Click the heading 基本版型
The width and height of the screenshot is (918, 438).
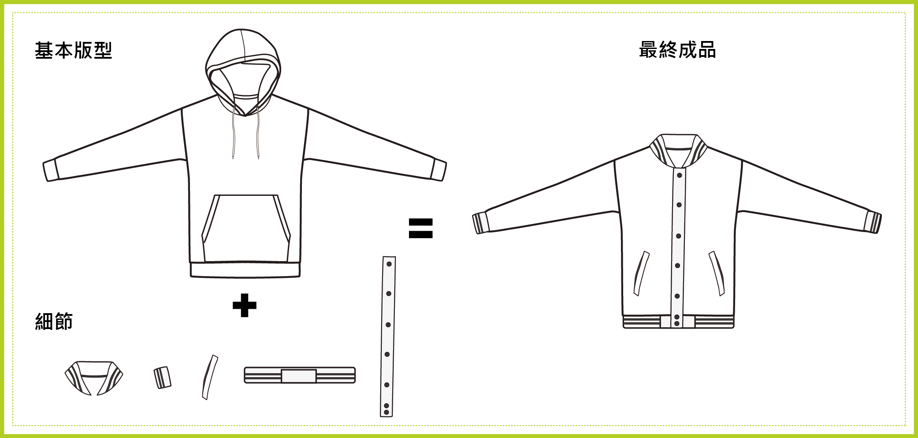tap(73, 50)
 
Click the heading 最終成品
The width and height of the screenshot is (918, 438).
tap(677, 50)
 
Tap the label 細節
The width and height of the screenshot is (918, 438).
tap(54, 321)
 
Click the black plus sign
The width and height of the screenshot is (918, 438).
tap(245, 305)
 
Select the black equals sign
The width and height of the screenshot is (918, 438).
tap(421, 228)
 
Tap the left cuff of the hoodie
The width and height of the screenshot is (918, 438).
tap(51, 170)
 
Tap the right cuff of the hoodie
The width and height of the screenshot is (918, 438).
tap(439, 169)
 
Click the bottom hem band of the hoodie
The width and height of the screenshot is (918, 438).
tap(245, 270)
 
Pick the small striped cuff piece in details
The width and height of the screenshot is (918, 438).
tap(163, 378)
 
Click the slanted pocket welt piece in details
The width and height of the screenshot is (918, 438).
tap(210, 378)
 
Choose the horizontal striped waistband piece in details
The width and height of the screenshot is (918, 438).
tap(300, 375)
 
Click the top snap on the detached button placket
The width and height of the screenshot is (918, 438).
tap(389, 264)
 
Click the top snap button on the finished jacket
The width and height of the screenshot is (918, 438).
tap(680, 176)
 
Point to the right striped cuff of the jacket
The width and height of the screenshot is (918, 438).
tap(873, 222)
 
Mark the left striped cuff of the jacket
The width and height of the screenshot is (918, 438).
tap(481, 223)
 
